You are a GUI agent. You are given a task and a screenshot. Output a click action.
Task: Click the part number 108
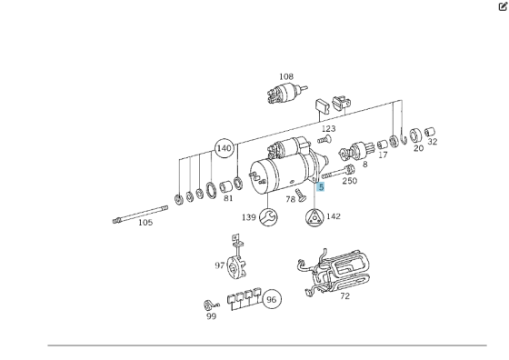[286, 76]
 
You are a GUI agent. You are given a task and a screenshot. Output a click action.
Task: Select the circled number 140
[224, 148]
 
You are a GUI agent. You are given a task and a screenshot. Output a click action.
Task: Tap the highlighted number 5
[321, 185]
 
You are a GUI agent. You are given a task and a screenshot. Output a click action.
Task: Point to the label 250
[350, 181]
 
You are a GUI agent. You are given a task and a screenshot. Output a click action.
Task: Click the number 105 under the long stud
[145, 222]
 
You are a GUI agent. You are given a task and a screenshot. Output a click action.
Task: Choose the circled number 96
[271, 299]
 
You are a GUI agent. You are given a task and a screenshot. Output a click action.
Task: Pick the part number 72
[344, 296]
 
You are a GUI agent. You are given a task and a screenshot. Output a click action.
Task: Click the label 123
[327, 129]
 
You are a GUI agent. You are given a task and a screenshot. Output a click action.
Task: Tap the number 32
[432, 142]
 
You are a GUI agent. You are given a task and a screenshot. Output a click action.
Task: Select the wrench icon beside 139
[268, 216]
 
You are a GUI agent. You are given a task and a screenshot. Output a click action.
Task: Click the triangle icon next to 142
[313, 216]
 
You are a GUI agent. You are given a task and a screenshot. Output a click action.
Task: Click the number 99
[211, 316]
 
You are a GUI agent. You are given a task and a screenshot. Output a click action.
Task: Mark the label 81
[228, 198]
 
